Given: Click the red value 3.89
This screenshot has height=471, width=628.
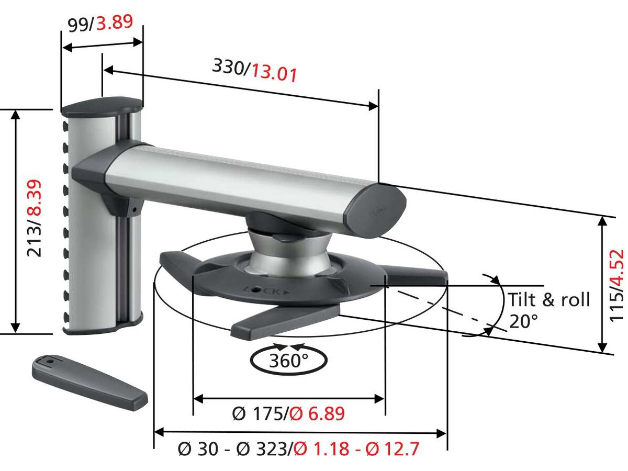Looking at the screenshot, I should pos(114,23).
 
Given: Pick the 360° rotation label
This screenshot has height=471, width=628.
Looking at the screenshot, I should pos(288,361).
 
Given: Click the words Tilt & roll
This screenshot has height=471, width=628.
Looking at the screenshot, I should pos(548,300).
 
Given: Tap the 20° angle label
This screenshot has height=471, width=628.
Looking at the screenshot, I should pos(523,321).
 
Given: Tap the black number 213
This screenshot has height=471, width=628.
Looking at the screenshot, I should pos(35,240).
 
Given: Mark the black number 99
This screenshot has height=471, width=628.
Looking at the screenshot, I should pos(78,25).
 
